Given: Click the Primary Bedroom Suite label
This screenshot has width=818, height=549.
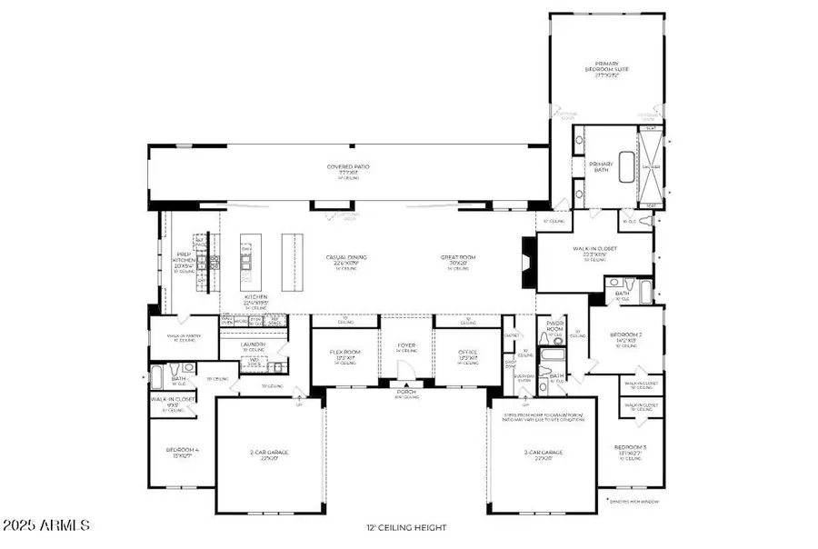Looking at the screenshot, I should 606,69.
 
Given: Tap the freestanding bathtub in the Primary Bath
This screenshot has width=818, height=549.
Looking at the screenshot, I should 626,168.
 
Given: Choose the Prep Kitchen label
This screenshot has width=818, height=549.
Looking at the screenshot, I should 185,262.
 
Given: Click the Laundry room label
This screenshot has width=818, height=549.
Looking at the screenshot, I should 254,345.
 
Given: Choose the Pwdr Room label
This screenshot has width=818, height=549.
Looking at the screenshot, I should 555,325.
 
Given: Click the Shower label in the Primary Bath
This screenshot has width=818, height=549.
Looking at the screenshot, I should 652,167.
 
